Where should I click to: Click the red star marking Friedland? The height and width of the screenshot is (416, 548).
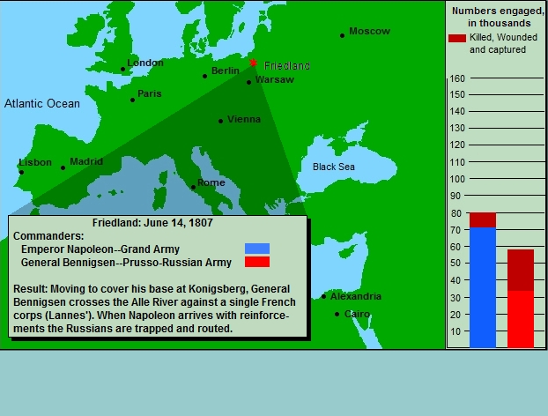[x=253, y=63]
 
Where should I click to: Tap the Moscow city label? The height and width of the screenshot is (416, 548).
[x=369, y=31]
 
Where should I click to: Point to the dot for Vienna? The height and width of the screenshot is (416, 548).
[x=220, y=121]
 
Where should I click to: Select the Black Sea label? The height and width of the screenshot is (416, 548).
[x=333, y=167]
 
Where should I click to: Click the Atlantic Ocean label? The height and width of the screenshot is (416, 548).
[x=42, y=103]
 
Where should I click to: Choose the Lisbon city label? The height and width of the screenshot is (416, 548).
[x=35, y=162]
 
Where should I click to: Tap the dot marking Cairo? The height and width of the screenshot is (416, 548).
[x=337, y=314]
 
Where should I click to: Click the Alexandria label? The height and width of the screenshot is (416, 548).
[x=356, y=296]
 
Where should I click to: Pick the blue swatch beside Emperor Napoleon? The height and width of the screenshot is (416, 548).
[x=257, y=249]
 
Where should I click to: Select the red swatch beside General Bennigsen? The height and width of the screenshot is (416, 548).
[x=257, y=262]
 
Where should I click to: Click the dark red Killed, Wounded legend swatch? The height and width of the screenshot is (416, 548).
[x=457, y=38]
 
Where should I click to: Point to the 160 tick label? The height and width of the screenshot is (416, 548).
[x=457, y=78]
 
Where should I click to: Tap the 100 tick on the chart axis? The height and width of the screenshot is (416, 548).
[x=457, y=179]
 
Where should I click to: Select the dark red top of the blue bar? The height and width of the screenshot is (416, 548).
[x=483, y=219]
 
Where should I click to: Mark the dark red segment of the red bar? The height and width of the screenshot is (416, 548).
[x=521, y=270]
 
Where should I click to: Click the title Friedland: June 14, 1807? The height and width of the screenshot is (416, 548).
[x=152, y=223]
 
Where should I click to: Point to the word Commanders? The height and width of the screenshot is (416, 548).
[x=48, y=236]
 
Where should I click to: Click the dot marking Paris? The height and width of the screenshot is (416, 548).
[x=132, y=100]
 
